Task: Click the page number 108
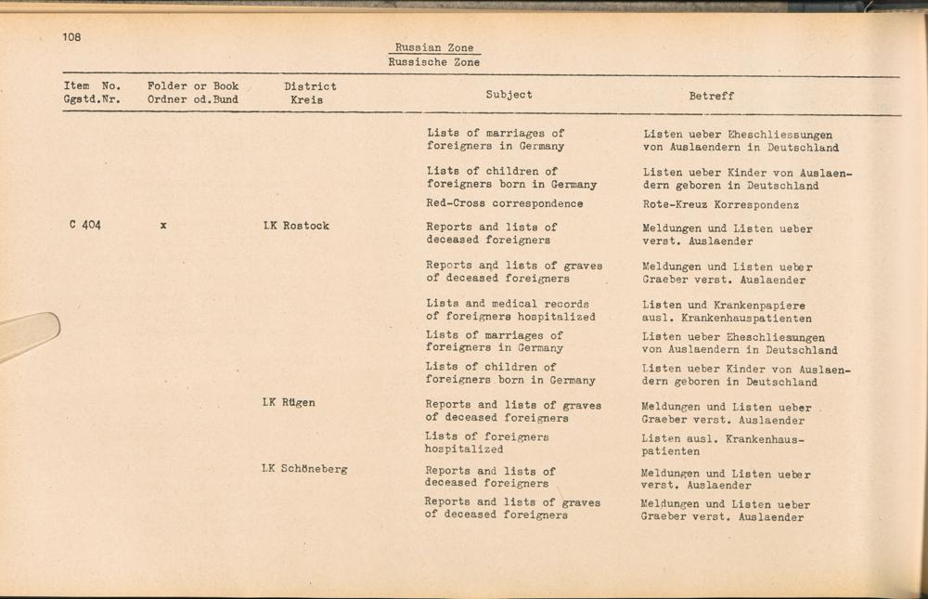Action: [x=72, y=37]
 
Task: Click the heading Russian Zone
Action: [x=433, y=48]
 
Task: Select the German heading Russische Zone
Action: [x=433, y=62]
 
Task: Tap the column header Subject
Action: [x=509, y=95]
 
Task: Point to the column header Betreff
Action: [x=711, y=96]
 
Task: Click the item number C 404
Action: [x=84, y=226]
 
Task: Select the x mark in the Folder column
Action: [x=163, y=226]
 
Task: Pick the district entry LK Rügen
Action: [x=289, y=403]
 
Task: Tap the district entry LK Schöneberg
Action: [x=304, y=469]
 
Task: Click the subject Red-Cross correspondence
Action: [x=505, y=203]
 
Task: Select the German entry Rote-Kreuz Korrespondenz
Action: [x=720, y=205]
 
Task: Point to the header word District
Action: [x=310, y=86]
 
